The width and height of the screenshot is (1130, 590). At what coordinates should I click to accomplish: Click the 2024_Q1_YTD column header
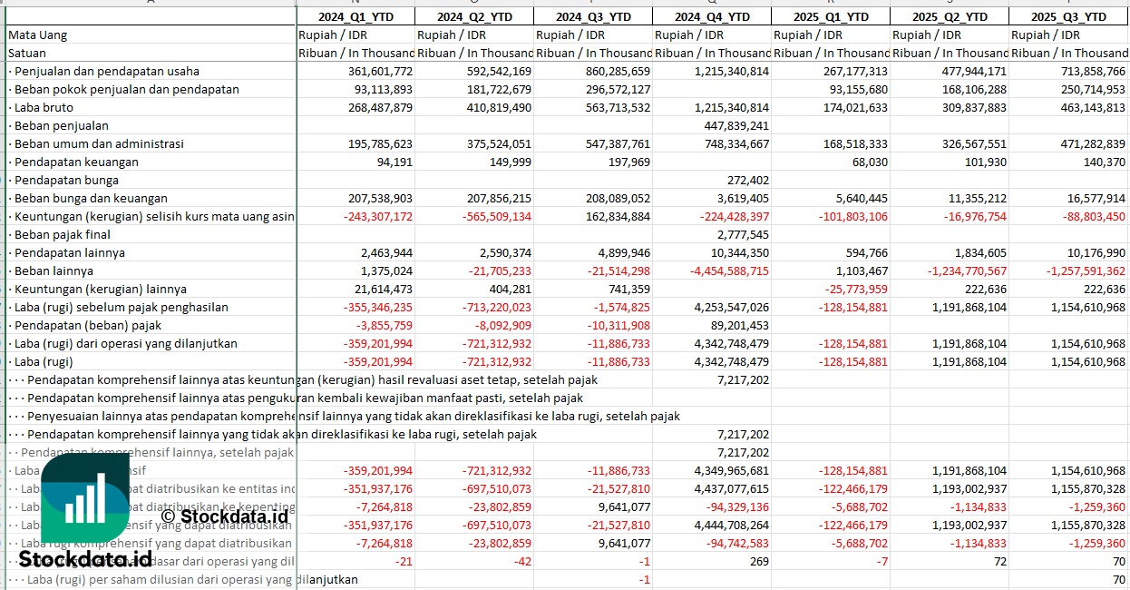click(x=356, y=16)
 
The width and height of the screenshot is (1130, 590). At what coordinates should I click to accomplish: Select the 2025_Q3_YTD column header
click(x=1068, y=16)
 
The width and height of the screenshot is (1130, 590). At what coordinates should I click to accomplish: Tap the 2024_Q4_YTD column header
click(x=712, y=16)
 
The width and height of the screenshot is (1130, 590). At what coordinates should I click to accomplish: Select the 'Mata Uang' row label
click(x=38, y=34)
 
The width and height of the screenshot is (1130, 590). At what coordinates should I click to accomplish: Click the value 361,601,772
click(x=380, y=71)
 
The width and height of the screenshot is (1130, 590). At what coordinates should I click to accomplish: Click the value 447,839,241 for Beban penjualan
click(x=735, y=125)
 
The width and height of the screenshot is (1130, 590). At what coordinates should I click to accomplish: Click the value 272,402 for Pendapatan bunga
click(x=748, y=180)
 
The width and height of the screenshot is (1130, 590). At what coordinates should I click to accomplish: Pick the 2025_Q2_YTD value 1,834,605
click(x=974, y=252)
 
